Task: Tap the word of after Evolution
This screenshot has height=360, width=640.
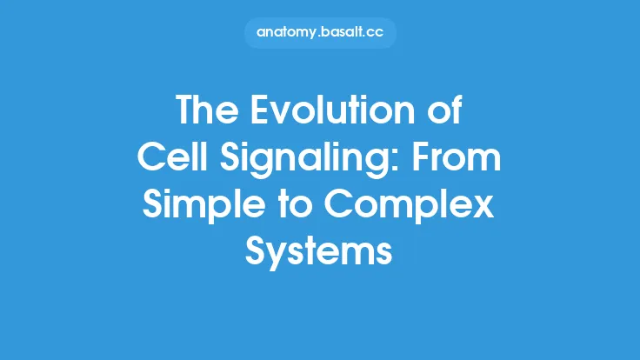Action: [x=444, y=112]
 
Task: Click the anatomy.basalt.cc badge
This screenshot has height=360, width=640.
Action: [x=319, y=33]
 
